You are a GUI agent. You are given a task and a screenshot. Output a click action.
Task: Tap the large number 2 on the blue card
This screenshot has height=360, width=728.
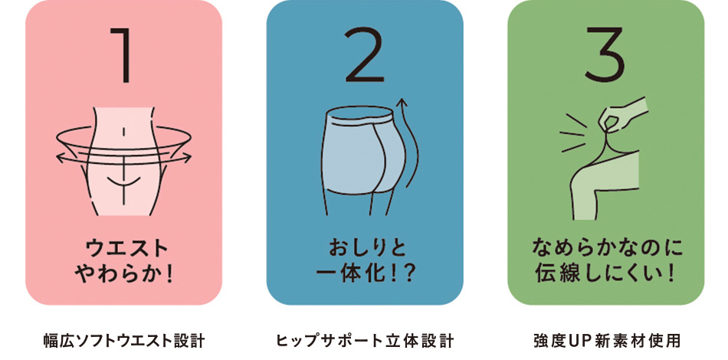pyautogui.click(x=365, y=54)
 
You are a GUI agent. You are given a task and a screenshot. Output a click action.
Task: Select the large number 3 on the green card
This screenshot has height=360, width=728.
pyautogui.click(x=605, y=54)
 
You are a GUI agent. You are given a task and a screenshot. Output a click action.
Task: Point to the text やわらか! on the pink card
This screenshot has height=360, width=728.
pyautogui.click(x=123, y=275)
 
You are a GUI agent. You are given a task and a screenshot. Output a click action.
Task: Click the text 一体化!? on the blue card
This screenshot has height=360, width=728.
pyautogui.click(x=366, y=275)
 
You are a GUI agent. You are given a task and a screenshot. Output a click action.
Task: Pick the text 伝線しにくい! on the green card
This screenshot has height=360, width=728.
pyautogui.click(x=605, y=275)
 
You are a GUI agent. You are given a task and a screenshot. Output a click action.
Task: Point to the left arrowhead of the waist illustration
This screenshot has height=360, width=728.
pyautogui.click(x=60, y=159)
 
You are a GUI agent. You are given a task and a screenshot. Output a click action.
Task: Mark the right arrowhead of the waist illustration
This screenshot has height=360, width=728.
pyautogui.click(x=188, y=158)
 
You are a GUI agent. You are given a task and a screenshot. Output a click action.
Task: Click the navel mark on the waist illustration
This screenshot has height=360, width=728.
pyautogui.click(x=123, y=133)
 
